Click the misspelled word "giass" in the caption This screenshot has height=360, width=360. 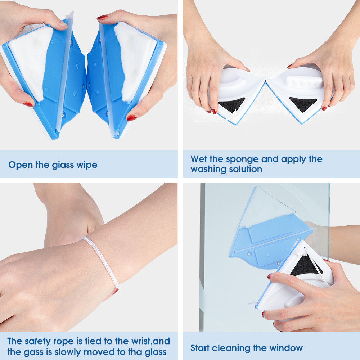63,165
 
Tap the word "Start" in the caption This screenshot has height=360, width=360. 200,348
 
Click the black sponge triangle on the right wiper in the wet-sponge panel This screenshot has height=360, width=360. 303,103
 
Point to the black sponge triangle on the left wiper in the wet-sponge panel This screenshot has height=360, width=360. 231,104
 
